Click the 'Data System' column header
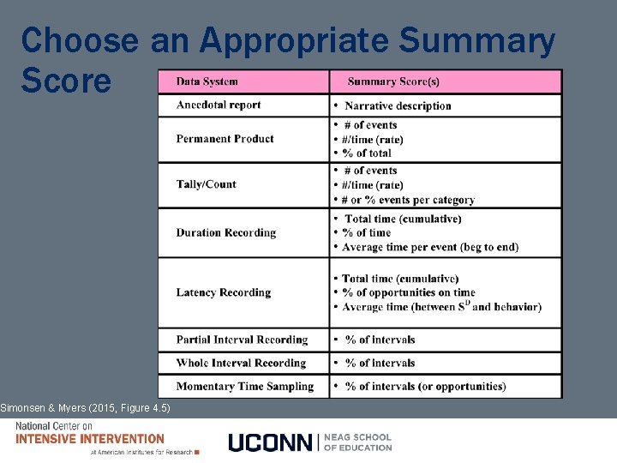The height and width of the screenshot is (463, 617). pyautogui.click(x=207, y=81)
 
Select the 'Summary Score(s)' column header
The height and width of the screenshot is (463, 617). pyautogui.click(x=393, y=81)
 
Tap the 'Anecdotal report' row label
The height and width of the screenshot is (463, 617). pyautogui.click(x=219, y=105)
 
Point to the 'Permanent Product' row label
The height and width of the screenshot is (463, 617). pyautogui.click(x=225, y=139)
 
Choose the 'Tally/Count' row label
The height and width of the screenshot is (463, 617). pyautogui.click(x=206, y=184)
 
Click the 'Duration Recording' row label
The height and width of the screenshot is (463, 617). pyautogui.click(x=226, y=232)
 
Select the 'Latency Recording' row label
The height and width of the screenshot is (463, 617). pyautogui.click(x=223, y=292)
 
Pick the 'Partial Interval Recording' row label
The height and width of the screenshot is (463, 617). pyautogui.click(x=242, y=340)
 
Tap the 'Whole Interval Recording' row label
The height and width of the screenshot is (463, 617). pyautogui.click(x=241, y=363)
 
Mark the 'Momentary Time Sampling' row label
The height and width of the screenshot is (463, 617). pyautogui.click(x=244, y=386)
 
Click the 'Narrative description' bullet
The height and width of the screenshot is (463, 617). pyautogui.click(x=398, y=105)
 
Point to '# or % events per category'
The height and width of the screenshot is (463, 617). pyautogui.click(x=408, y=200)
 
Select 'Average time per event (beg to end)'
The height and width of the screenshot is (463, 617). pyautogui.click(x=429, y=247)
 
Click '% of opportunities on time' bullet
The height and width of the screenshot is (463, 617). pyautogui.click(x=408, y=292)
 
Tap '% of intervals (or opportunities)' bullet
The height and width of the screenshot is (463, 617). pyautogui.click(x=425, y=386)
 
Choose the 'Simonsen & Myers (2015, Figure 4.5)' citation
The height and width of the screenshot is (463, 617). pyautogui.click(x=86, y=407)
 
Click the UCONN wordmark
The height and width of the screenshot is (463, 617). pyautogui.click(x=270, y=442)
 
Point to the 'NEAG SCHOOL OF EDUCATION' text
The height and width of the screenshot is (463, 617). pyautogui.click(x=358, y=442)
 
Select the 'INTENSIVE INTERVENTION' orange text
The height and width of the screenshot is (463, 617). pyautogui.click(x=90, y=439)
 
